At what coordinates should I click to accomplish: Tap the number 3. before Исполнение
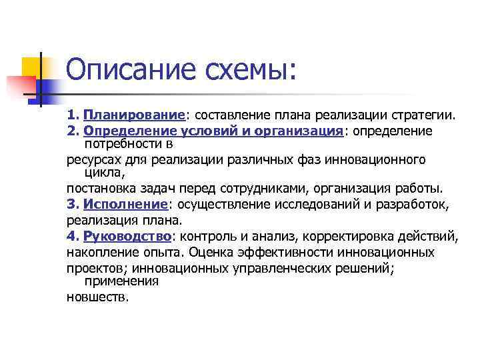tap(73, 203)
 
